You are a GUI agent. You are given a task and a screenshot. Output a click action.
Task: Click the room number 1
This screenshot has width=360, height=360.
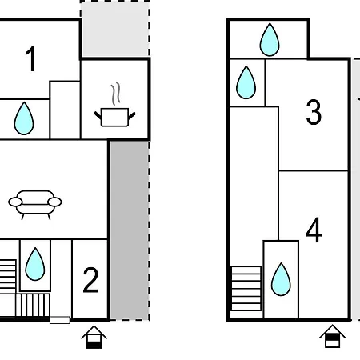(x=30, y=58)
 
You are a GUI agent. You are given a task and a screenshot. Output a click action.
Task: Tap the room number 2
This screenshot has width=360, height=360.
(x=90, y=280)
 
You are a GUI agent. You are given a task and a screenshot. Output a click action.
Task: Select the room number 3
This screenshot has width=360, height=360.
(x=314, y=112)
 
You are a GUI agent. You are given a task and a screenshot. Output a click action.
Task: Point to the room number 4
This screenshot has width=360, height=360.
(x=314, y=230)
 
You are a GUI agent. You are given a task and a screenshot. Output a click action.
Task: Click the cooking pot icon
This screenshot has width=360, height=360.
(x=115, y=117)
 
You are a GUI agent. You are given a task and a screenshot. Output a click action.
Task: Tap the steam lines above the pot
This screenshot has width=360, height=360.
(x=116, y=94)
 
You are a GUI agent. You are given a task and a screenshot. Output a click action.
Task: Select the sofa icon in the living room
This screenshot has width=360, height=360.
(x=35, y=205)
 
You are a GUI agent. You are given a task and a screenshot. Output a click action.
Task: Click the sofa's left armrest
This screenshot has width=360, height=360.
(x=15, y=202)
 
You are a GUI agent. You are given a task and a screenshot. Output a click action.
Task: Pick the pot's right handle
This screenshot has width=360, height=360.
(x=132, y=116)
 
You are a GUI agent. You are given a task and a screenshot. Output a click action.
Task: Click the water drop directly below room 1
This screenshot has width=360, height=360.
(x=24, y=118)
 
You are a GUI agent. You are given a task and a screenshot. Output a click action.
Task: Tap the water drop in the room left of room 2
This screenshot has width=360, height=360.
(x=35, y=264)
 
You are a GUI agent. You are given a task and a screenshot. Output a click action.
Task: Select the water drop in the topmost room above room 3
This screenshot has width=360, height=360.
(x=270, y=39)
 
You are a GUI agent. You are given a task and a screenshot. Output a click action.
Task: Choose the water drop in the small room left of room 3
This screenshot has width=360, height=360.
(x=246, y=82)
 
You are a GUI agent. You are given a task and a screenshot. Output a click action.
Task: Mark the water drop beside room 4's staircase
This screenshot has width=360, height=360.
(x=281, y=279)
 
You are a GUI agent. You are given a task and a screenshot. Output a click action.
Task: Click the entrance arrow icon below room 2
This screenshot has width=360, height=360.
(x=94, y=337)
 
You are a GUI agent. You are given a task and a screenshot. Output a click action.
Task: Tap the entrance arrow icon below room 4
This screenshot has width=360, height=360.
(x=332, y=336)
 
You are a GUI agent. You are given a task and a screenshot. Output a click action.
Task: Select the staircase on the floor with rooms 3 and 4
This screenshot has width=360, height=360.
(x=246, y=288)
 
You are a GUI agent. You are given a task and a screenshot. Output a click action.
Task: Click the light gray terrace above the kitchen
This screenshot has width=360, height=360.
(x=115, y=29)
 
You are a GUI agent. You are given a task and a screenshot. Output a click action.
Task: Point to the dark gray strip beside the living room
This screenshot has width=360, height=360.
(x=130, y=230)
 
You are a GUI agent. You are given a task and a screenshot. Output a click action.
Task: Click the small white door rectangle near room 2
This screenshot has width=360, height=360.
(x=60, y=320)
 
